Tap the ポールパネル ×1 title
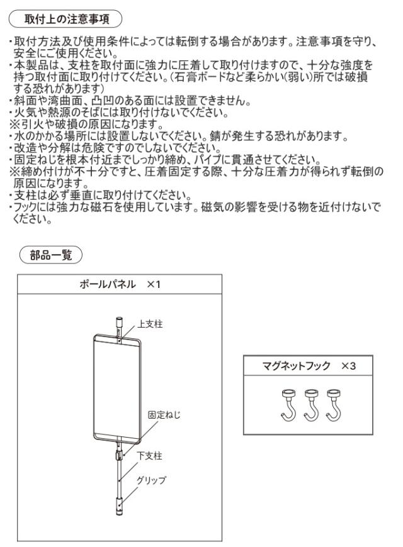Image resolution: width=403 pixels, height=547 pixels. (119, 284)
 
